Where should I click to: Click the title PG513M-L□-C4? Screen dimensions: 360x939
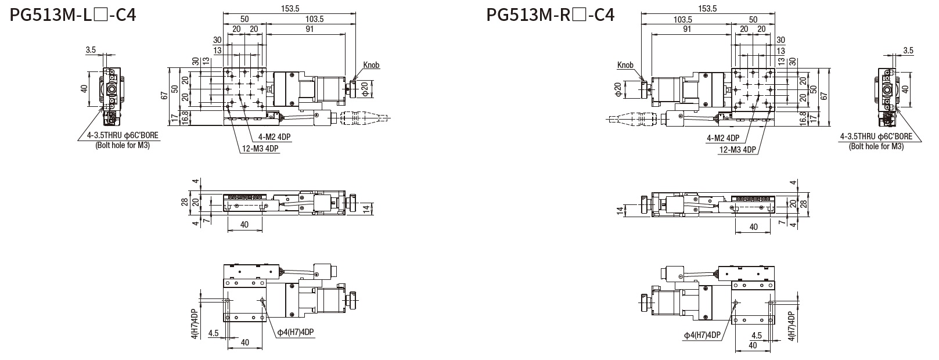click(73, 14)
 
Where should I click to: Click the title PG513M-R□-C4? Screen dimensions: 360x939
click(551, 14)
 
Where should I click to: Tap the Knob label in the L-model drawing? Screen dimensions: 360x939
click(371, 65)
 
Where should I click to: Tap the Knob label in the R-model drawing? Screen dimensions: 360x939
click(625, 66)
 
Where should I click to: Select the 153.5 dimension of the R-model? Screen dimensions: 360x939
click(707, 9)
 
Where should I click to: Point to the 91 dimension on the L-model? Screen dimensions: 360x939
click(309, 28)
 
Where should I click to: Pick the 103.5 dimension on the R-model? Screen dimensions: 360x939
click(683, 19)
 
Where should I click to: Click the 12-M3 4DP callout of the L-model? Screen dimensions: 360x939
click(260, 149)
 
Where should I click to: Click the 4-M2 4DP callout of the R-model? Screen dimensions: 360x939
click(723, 138)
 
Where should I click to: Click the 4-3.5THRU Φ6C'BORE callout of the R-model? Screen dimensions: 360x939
click(876, 137)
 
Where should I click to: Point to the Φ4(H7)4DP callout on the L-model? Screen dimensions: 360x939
click(295, 332)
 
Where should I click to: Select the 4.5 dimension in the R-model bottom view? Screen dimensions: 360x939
click(756, 336)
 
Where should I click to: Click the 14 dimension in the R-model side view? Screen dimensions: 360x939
click(620, 209)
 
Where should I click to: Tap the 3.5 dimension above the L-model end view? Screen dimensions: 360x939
click(91, 51)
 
